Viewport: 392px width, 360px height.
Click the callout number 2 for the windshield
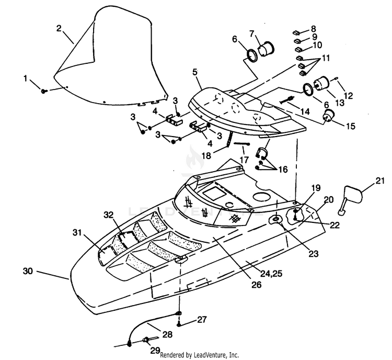coord(59,29)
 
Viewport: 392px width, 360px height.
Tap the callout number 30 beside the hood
coord(28,271)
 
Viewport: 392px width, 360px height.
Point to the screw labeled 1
coord(44,91)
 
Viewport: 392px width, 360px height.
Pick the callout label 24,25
coord(271,273)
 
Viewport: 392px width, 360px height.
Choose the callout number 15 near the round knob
coord(351,126)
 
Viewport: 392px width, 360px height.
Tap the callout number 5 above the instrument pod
coord(195,72)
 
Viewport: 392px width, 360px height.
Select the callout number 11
coord(325,58)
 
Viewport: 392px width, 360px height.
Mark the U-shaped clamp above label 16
coord(261,152)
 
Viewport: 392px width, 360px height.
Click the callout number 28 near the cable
coord(167,334)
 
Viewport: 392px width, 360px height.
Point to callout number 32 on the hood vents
coord(109,215)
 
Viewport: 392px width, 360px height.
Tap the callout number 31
coord(77,232)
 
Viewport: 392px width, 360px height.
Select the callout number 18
coord(206,156)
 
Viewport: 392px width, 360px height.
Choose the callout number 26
coord(257,285)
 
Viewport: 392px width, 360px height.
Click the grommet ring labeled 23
coord(276,220)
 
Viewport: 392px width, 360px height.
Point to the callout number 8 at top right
coord(314,29)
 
